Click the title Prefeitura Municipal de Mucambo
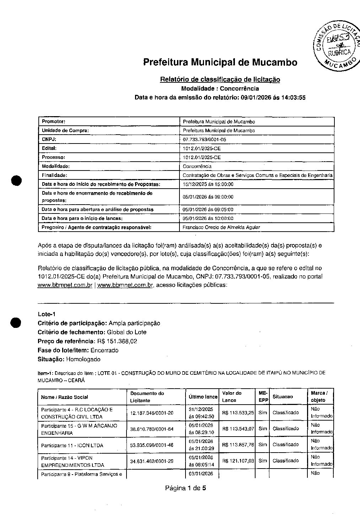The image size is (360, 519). pos(220,63)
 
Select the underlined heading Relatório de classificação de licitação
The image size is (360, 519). pos(220,80)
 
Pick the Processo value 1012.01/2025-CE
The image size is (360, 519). pos(202,157)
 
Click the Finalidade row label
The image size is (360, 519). pos(54,175)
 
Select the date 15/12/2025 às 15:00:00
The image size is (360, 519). pos(208,184)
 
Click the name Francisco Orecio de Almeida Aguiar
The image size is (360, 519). pos(221,227)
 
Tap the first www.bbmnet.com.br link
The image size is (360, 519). pos(65,285)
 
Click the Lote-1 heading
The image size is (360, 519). pos(47,314)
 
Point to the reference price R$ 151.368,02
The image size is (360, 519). pos(117,341)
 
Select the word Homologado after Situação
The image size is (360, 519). pos(84,359)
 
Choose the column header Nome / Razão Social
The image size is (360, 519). pos(64,397)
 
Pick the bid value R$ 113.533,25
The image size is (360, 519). pos(238,413)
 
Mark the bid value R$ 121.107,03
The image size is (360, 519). pos(238,461)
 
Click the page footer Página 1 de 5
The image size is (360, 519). pos(186,488)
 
